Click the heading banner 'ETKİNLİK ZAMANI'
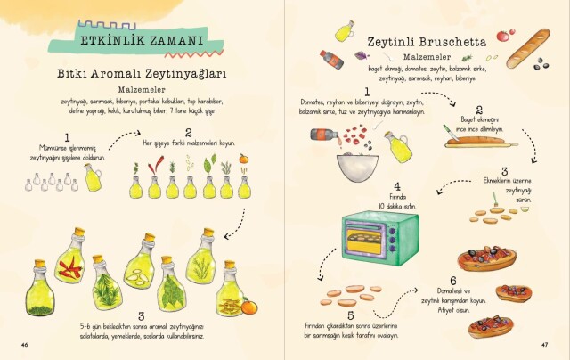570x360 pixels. (x=142, y=40)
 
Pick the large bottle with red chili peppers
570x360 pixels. (x=69, y=266)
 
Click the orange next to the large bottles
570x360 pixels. (x=248, y=307)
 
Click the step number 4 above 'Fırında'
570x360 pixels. (x=371, y=187)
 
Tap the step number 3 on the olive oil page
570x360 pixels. (x=141, y=316)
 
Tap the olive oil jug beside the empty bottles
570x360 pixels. (x=92, y=177)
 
